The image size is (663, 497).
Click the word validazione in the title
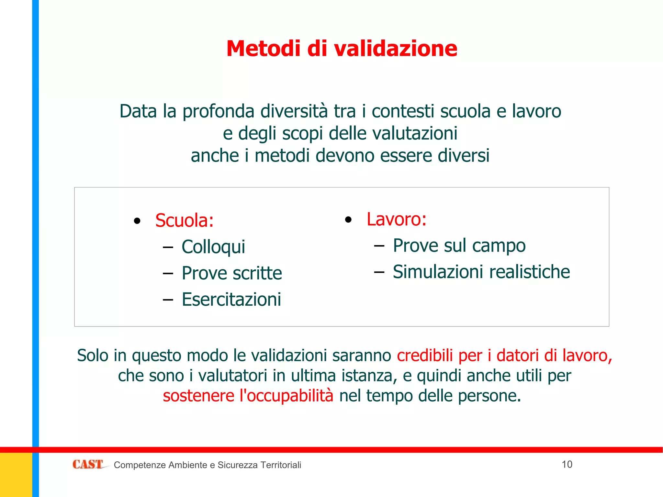pyautogui.click(x=396, y=49)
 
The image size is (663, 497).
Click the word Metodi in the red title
pyautogui.click(x=264, y=49)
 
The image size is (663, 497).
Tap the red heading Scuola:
pyautogui.click(x=184, y=220)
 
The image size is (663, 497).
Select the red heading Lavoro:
pyautogui.click(x=397, y=219)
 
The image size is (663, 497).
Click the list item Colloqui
pyautogui.click(x=213, y=247)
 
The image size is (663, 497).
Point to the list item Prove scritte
pyautogui.click(x=232, y=273)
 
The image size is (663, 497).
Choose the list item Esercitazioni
pyautogui.click(x=231, y=299)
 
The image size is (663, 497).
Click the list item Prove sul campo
pyautogui.click(x=459, y=245)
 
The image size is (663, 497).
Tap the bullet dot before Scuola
pyautogui.click(x=137, y=221)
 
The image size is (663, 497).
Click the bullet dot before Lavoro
pyautogui.click(x=348, y=220)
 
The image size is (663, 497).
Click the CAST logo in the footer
pyautogui.click(x=88, y=464)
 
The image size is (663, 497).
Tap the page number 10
pyautogui.click(x=567, y=464)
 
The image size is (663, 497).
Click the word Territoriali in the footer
pyautogui.click(x=281, y=465)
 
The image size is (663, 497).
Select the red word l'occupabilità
pyautogui.click(x=286, y=396)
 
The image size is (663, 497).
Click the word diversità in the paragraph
pyautogui.click(x=294, y=111)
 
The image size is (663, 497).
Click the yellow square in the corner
pyautogui.click(x=16, y=475)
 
